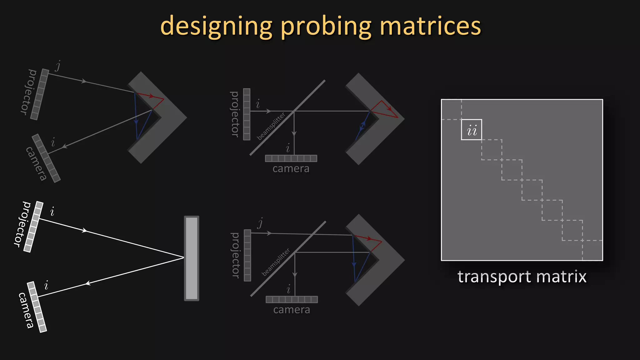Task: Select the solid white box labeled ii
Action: [x=471, y=130]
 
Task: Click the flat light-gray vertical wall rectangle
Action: [x=192, y=258]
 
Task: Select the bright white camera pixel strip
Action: [x=37, y=307]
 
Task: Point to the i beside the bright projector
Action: [x=52, y=212]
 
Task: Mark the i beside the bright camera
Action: [x=47, y=285]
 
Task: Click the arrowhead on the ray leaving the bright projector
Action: [x=84, y=231]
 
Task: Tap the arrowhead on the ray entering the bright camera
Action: [x=88, y=283]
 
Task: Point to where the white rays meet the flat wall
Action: [x=184, y=257]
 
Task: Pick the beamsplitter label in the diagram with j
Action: [x=276, y=262]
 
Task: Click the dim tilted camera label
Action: [x=36, y=163]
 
